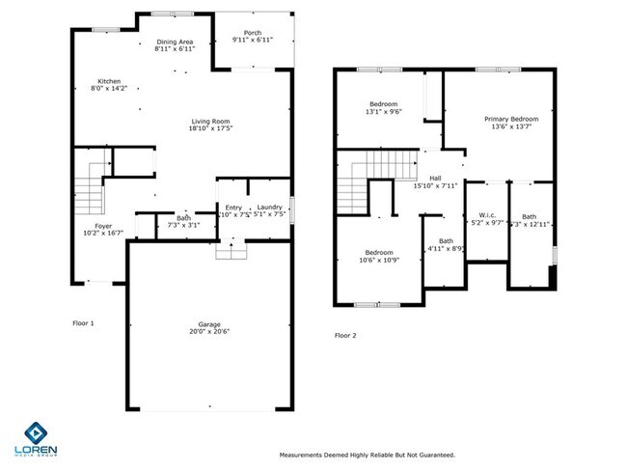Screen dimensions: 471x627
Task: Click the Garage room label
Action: point(209,323)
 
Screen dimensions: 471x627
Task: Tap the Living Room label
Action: point(209,120)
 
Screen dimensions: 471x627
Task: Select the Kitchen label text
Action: point(108,80)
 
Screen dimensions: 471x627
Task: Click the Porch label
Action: point(252,32)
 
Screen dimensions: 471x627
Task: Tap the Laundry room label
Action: point(269,207)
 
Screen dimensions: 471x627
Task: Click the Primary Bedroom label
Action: point(511,118)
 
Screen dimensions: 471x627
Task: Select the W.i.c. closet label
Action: point(486,214)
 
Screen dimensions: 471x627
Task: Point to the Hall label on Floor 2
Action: point(435,178)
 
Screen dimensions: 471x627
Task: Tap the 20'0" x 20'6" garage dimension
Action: point(209,331)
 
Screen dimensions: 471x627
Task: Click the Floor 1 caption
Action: point(83,322)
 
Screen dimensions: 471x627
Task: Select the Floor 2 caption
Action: point(345,335)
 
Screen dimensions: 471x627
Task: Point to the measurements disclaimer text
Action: point(367,455)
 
